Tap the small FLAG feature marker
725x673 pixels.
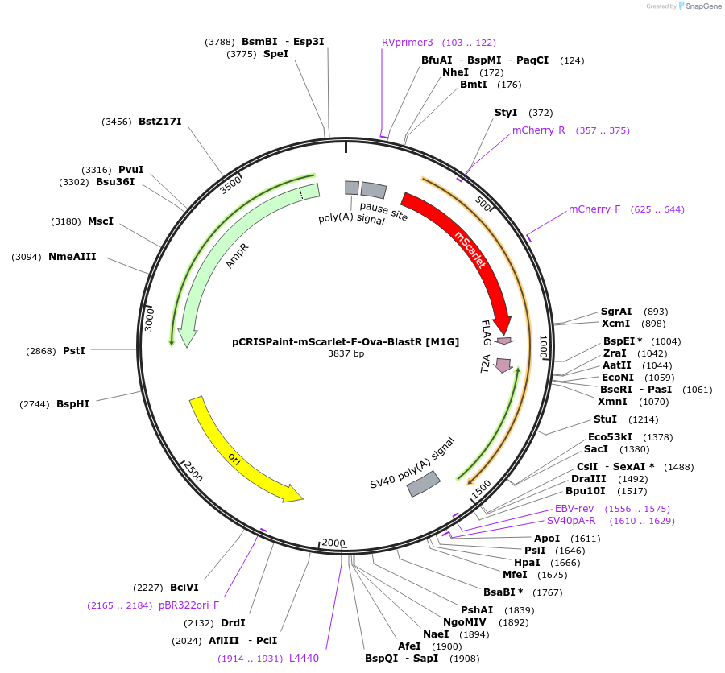[504, 341]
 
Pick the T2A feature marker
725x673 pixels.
[503, 365]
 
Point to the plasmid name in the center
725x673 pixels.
[346, 341]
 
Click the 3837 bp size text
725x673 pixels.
[346, 353]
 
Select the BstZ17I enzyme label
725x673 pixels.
[160, 122]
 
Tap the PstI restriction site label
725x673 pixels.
[74, 350]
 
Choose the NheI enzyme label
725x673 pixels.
[455, 72]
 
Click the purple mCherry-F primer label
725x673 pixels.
[594, 209]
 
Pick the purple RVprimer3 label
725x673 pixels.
[408, 42]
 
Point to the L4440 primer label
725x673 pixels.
[304, 658]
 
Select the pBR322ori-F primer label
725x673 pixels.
[188, 605]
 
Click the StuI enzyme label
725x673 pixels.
[605, 419]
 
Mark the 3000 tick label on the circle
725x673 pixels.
[149, 317]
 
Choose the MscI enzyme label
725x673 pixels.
[101, 221]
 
